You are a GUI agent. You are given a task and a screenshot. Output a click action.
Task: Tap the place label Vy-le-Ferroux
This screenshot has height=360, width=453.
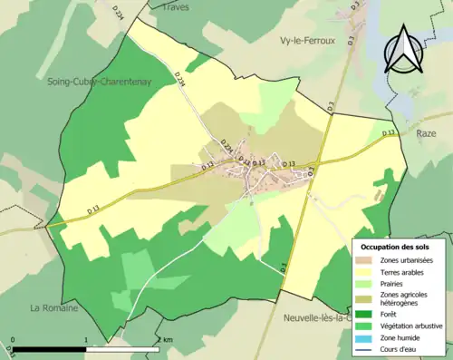coord(304,41)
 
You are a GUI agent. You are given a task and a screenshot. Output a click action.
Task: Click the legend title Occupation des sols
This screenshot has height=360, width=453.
coord(395,247)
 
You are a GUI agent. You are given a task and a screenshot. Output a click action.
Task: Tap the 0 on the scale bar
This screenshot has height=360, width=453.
coord(13,341)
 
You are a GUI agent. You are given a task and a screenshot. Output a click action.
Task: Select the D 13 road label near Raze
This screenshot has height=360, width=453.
coord(389,133)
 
